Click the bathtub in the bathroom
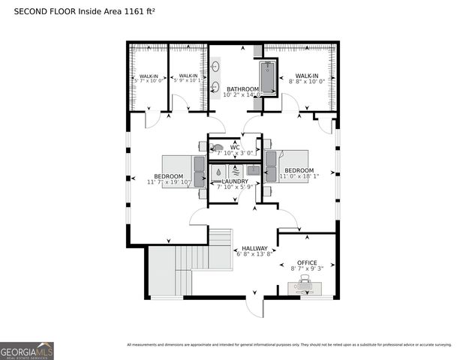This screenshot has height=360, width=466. (269, 77)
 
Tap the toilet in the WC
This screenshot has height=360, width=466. (218, 148)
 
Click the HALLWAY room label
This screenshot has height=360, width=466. (254, 248)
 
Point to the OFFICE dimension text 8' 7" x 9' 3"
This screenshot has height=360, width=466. (307, 268)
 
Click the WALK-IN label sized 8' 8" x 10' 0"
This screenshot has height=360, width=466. (306, 76)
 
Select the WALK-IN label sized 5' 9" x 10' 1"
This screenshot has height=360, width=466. (188, 76)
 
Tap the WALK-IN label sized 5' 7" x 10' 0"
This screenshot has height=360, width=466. (148, 76)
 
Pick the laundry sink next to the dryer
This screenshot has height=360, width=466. (254, 170)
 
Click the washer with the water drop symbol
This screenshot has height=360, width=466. (218, 170)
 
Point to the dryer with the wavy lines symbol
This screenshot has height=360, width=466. (234, 170)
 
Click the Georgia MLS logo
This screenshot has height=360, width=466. (27, 350)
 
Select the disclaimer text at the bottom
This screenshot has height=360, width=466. (289, 345)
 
